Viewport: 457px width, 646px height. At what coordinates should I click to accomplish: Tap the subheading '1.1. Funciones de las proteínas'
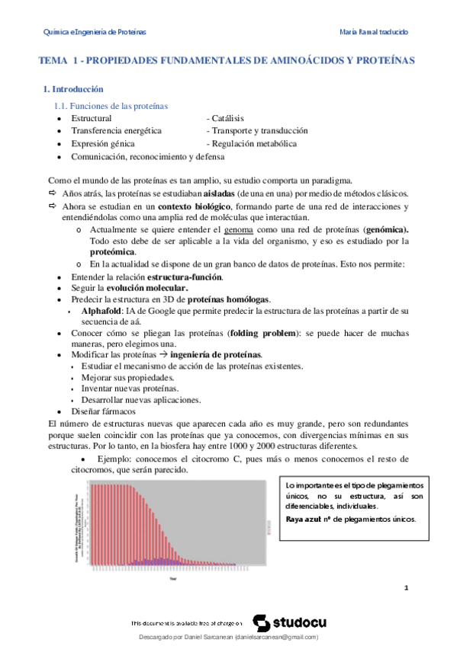point(110,106)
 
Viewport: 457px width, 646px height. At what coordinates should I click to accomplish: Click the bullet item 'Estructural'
point(91,119)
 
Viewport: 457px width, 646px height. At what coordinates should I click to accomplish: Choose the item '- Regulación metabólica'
point(251,143)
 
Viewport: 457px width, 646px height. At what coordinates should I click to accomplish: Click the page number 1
point(407,587)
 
